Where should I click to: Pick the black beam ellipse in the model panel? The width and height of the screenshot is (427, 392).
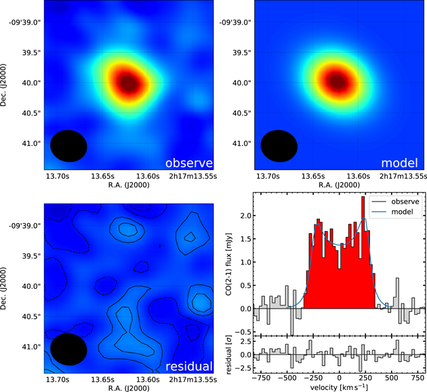279,146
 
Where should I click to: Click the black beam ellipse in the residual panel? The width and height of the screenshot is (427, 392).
69,349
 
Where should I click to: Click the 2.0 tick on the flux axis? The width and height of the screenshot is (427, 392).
246,216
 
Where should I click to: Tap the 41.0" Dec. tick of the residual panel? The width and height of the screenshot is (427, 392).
28,347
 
